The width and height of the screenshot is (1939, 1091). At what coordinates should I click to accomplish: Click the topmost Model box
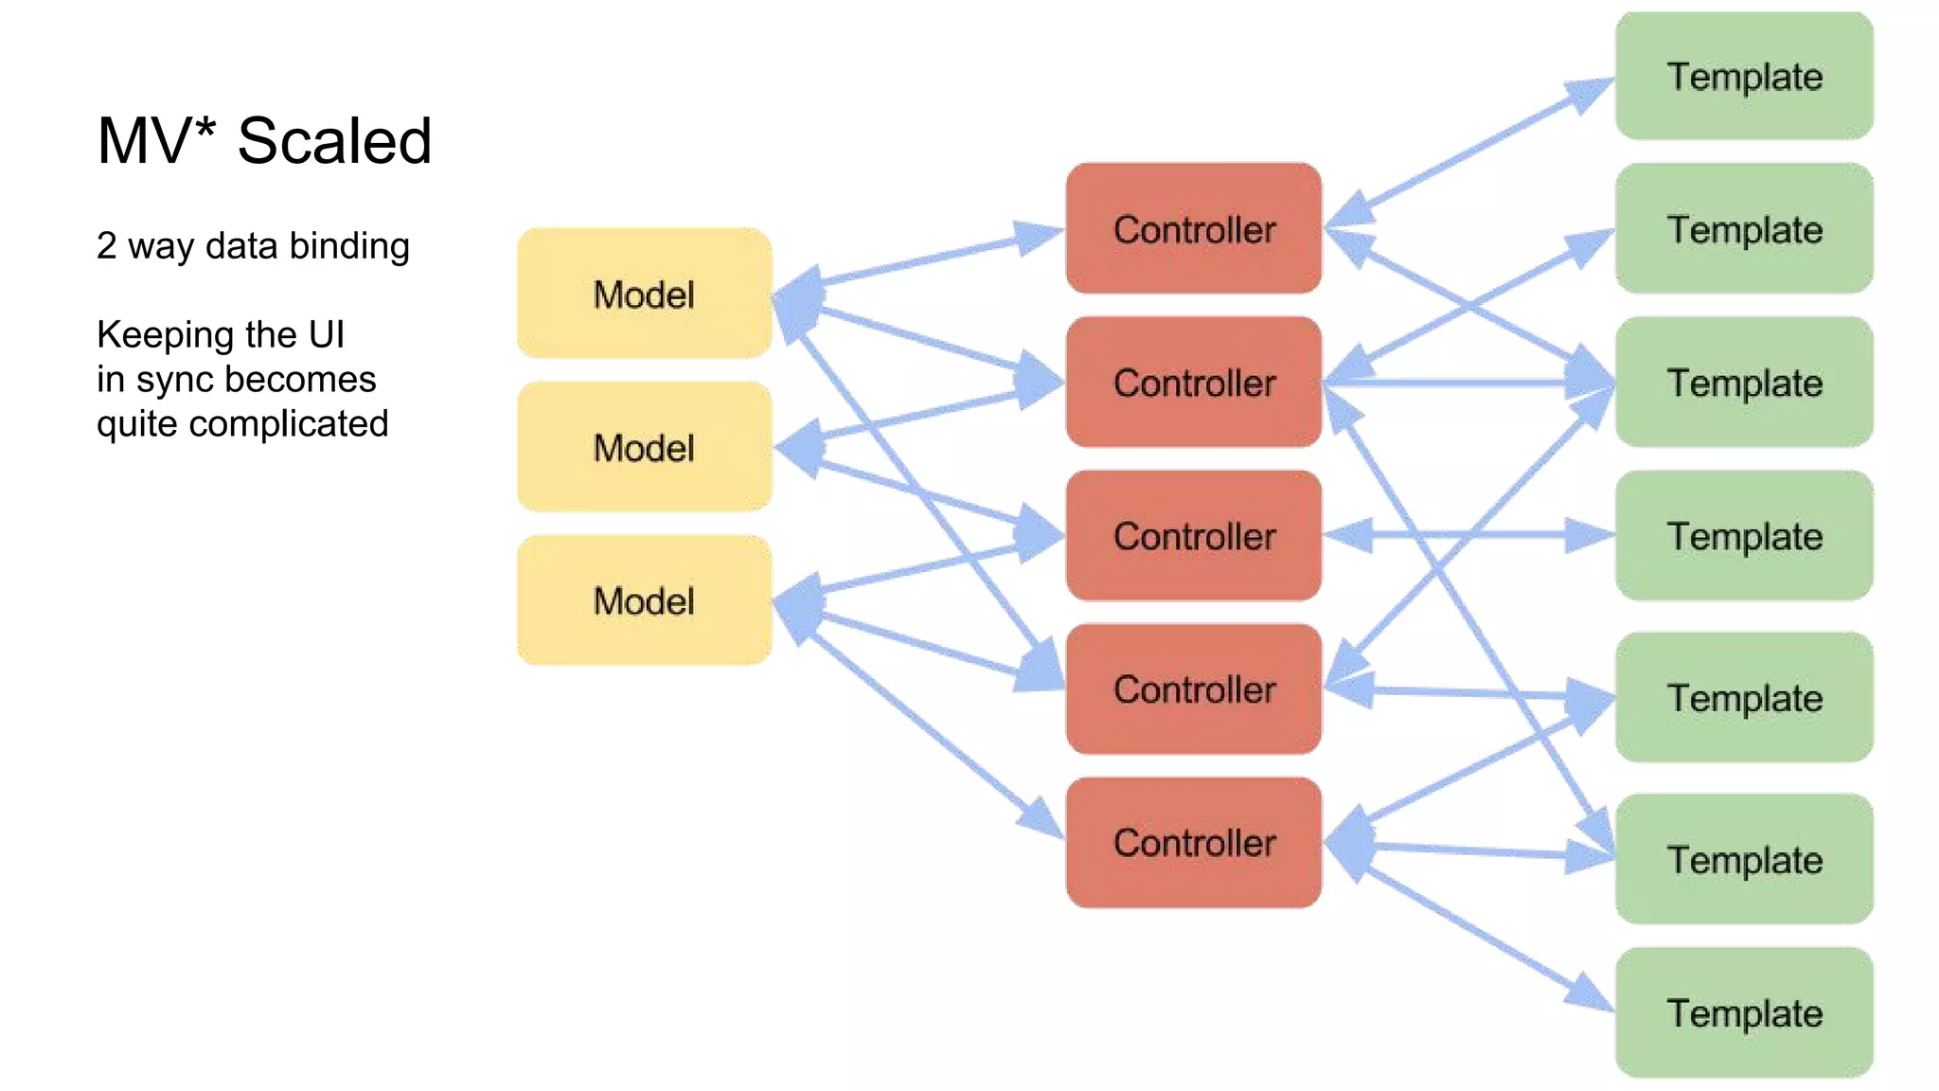point(644,294)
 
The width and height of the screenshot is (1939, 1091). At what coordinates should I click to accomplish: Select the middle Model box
point(644,447)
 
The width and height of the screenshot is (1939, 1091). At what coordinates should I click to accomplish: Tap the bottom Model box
point(644,600)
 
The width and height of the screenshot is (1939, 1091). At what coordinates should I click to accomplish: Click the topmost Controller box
point(1193,228)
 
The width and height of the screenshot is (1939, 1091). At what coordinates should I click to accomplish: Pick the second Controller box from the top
point(1193,382)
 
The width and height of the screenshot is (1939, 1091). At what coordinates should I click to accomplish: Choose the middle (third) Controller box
point(1193,535)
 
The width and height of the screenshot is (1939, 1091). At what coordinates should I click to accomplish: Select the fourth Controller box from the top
point(1193,689)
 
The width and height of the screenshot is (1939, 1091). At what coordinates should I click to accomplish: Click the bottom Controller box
point(1193,842)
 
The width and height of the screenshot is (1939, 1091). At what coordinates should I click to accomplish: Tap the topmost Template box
point(1744,76)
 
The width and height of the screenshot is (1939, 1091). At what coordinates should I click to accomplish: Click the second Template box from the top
point(1744,228)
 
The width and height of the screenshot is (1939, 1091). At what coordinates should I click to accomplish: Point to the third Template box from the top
point(1744,382)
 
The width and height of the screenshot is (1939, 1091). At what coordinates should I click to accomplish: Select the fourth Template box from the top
point(1744,535)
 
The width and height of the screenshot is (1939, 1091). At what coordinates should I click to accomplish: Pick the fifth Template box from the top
point(1744,697)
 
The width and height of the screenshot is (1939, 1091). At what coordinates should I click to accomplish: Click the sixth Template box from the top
point(1744,859)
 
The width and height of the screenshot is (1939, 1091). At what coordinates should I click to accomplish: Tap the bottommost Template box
point(1744,1012)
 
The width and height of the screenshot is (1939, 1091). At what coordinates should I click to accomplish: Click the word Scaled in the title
point(334,141)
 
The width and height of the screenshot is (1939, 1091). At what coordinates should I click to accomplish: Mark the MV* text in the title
point(156,141)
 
